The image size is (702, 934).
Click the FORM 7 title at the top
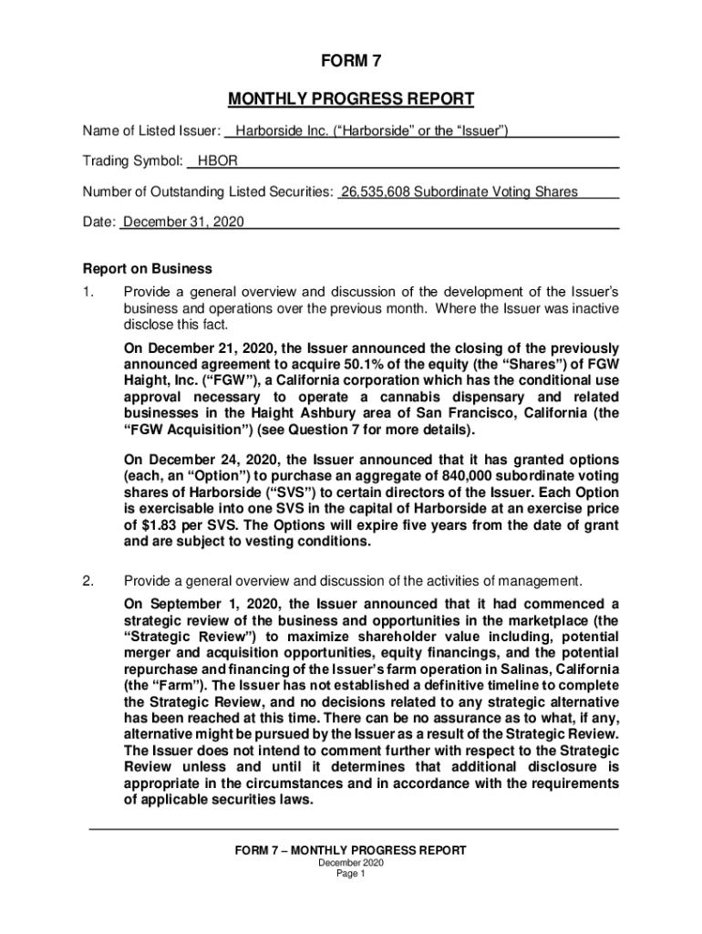point(351,62)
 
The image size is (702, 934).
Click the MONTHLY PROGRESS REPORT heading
point(351,99)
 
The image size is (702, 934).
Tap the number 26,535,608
point(375,192)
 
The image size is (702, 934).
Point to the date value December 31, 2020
point(183,223)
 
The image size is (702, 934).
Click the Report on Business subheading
point(148,269)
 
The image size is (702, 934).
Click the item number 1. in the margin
point(88,293)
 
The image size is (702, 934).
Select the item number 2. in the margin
point(88,581)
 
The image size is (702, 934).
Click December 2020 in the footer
point(351,863)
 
